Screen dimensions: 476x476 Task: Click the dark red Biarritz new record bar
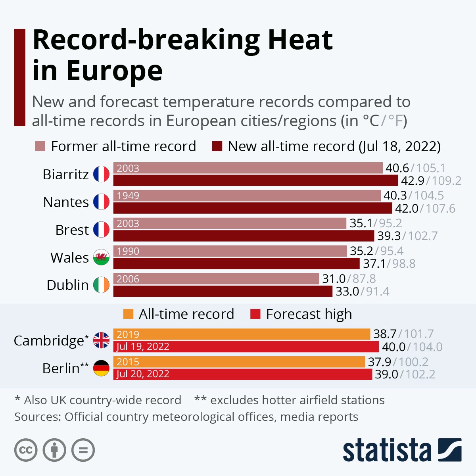point(255,180)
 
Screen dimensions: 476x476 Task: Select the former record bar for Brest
point(230,223)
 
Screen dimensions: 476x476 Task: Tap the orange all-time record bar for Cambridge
point(242,334)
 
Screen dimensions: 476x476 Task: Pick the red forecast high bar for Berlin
point(243,374)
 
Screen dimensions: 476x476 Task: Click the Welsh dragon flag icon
point(101,257)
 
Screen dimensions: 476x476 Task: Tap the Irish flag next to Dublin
point(101,285)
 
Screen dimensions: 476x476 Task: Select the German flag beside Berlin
point(101,368)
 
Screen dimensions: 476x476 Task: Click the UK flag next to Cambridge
point(101,340)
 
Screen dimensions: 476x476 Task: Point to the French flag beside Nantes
point(101,202)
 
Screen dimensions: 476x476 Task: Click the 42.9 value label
point(413,181)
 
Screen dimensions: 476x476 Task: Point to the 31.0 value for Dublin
point(334,279)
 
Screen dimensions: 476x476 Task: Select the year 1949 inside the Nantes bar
point(128,196)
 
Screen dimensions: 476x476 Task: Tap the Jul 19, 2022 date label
point(143,347)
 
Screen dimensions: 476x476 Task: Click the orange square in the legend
point(128,314)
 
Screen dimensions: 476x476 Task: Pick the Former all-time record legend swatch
point(40,146)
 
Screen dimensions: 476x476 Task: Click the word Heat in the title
point(300,40)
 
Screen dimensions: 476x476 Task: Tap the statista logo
point(402,450)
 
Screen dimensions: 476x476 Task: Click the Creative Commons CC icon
point(26,450)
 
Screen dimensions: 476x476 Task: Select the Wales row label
point(69,257)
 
